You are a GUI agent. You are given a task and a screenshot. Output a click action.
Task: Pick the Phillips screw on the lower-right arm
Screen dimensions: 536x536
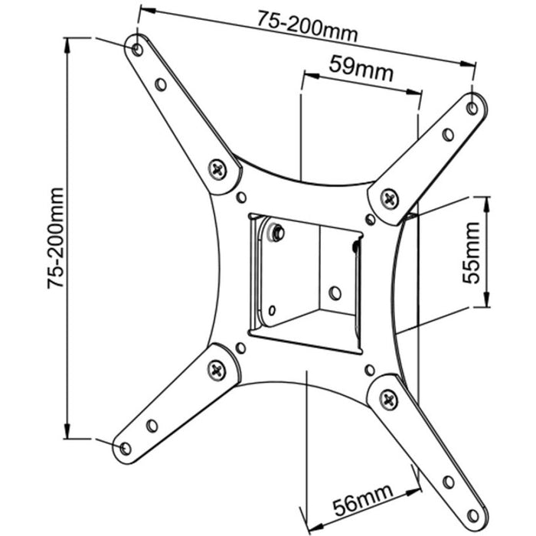388,398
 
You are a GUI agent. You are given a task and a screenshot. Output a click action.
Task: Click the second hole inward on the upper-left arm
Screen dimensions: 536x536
160,83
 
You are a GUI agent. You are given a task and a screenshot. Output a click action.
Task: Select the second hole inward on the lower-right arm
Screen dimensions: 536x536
447,481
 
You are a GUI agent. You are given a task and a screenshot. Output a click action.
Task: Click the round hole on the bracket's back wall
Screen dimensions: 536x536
335,293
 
